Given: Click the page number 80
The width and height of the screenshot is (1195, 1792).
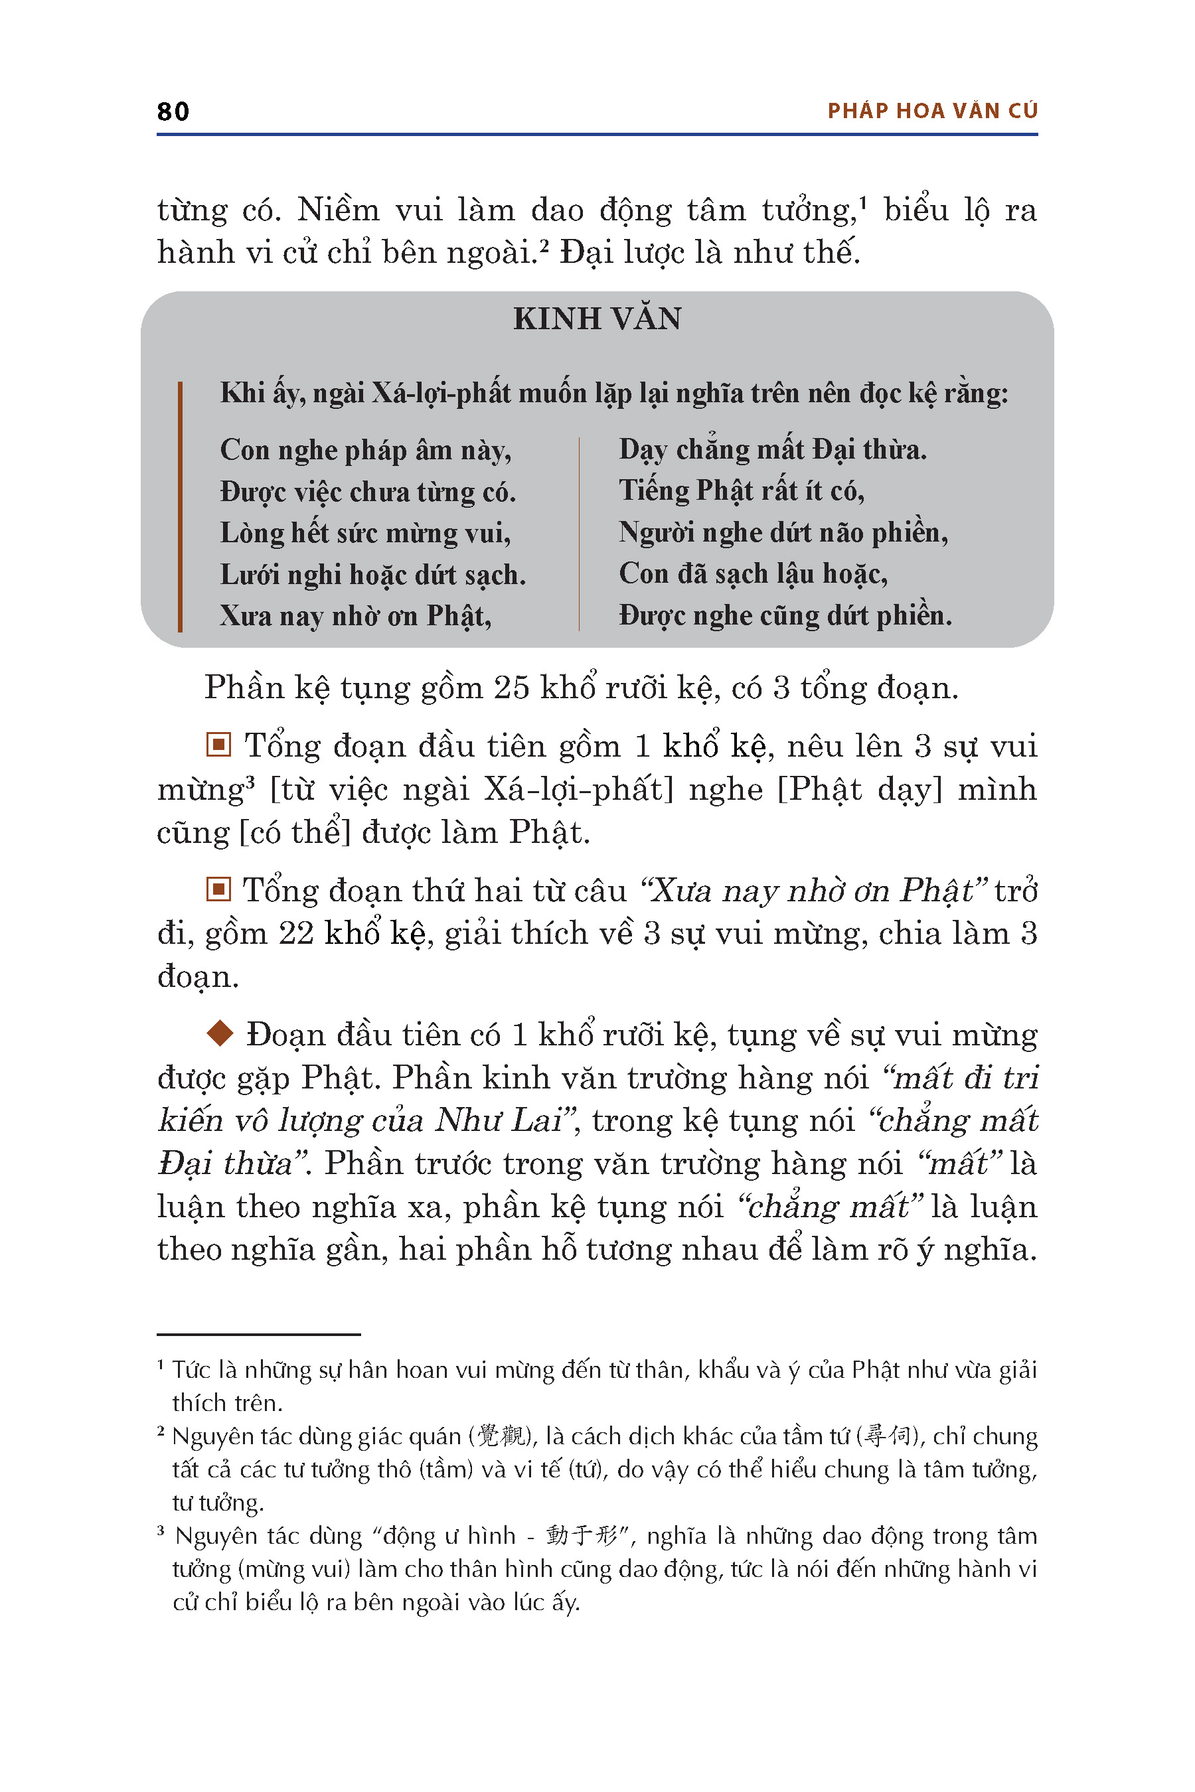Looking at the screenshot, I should [x=173, y=112].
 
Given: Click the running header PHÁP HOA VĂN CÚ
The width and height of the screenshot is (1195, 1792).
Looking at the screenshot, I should [x=932, y=112].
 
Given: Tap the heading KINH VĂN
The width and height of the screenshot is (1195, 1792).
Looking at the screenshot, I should [x=597, y=319].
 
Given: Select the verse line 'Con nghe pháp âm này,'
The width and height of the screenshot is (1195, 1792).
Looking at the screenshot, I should [x=366, y=450].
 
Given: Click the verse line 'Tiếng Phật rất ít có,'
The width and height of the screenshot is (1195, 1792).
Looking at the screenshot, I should [x=742, y=490].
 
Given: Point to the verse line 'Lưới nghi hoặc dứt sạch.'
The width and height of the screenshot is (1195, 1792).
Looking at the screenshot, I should [x=372, y=575].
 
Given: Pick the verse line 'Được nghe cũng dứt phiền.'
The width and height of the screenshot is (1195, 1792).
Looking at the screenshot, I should [x=785, y=616].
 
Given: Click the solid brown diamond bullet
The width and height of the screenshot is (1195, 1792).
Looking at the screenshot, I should [x=220, y=1033].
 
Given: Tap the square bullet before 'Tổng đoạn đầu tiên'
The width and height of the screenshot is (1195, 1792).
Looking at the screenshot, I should [x=218, y=745].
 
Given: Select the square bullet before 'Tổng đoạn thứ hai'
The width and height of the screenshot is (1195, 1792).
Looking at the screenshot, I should [x=218, y=889].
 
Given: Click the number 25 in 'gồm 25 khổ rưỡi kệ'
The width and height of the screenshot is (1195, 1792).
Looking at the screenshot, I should [x=511, y=688].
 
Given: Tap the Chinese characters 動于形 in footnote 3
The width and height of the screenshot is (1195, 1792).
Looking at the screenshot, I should [x=582, y=1535].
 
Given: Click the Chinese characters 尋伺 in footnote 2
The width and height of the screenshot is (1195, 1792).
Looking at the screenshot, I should [x=888, y=1436].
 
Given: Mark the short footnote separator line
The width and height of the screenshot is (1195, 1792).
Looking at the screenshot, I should [x=258, y=1335].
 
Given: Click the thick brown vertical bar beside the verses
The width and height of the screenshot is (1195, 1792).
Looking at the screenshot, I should [x=180, y=506].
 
